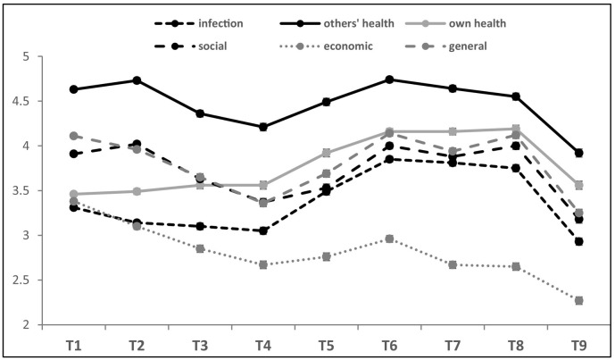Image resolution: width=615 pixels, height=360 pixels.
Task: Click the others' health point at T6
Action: coord(389,80)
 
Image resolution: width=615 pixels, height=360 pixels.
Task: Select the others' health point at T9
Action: coord(578,153)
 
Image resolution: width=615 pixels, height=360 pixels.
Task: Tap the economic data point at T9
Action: coord(578,300)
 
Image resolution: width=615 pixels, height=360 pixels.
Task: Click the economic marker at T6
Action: coord(389,239)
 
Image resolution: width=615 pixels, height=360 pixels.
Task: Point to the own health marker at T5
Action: coord(327,153)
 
